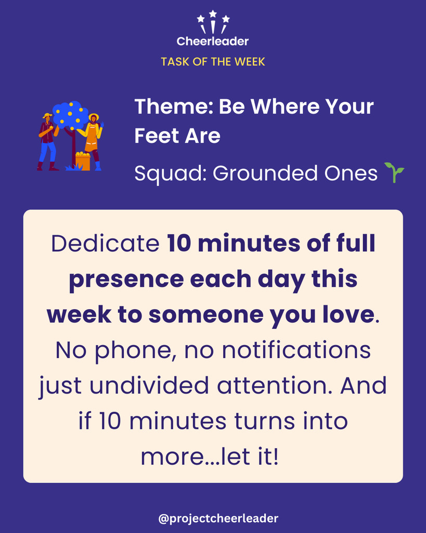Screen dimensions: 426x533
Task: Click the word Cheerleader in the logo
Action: click(213, 41)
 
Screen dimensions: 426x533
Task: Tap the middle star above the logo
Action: click(213, 14)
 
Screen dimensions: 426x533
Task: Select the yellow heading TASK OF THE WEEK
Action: click(213, 61)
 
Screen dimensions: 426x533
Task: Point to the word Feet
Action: click(157, 136)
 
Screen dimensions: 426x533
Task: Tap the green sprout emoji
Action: click(394, 172)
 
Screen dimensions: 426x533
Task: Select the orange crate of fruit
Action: click(83, 161)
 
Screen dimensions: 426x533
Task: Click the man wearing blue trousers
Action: click(47, 142)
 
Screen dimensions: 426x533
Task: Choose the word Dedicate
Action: click(105, 244)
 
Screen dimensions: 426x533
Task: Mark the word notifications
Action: click(296, 350)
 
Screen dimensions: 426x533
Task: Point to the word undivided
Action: click(149, 386)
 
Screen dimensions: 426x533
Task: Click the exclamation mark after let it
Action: click(276, 456)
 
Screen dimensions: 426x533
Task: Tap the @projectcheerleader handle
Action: click(218, 518)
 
